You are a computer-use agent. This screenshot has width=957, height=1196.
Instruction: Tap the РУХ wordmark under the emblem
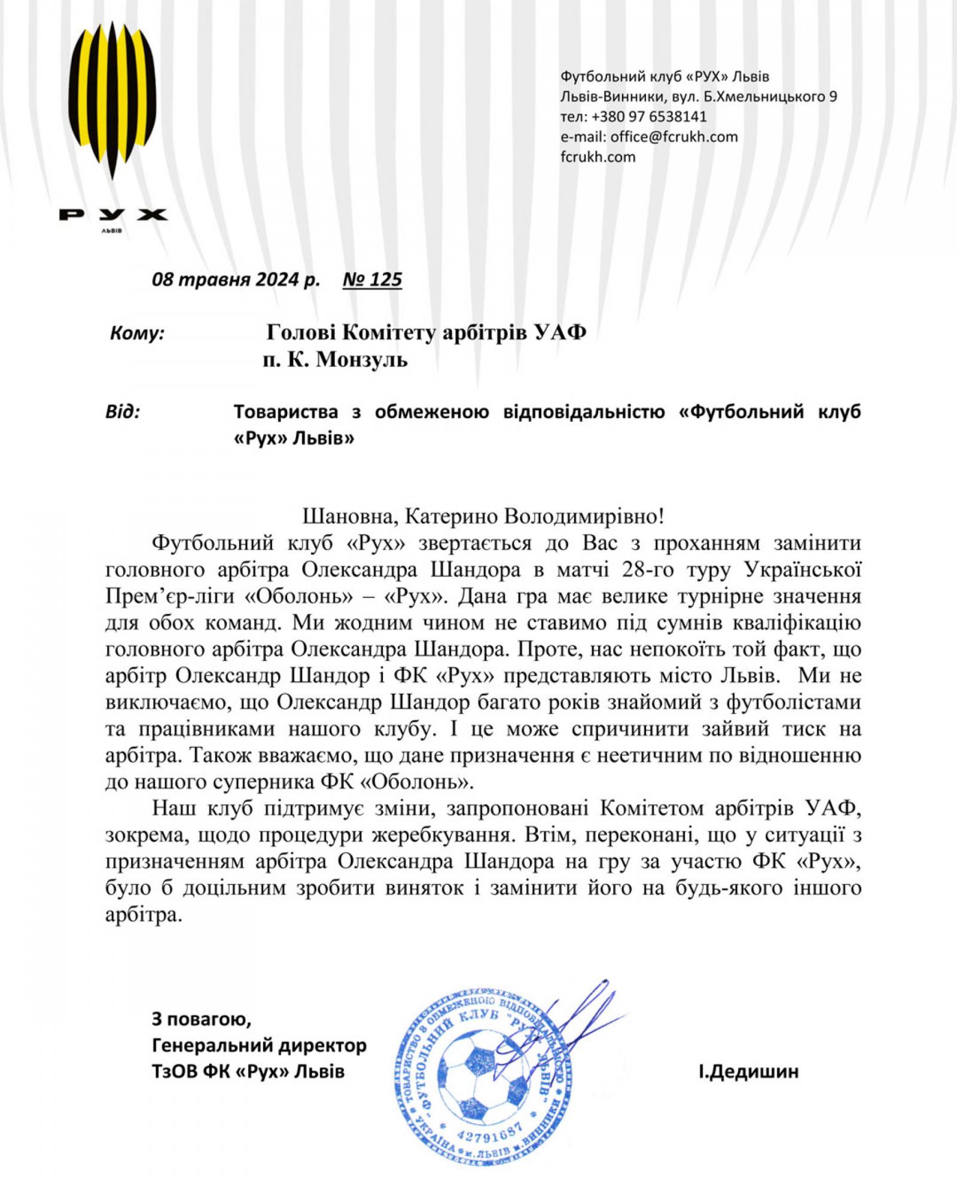coord(113,214)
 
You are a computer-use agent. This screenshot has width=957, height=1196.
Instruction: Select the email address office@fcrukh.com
coord(674,136)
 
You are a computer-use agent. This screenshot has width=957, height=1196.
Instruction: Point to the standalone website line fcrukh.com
coord(598,157)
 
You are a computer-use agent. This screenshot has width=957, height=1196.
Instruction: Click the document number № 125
coord(372,279)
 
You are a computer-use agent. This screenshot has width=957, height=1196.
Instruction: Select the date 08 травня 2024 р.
coord(236,279)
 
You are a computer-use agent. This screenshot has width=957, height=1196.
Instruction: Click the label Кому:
coord(137,333)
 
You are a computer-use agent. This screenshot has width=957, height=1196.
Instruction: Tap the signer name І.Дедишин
coord(747,1071)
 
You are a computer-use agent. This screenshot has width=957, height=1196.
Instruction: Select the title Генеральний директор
coord(259,1045)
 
